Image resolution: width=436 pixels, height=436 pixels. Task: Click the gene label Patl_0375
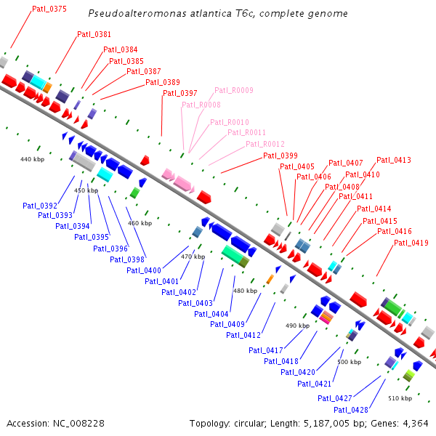point(49,9)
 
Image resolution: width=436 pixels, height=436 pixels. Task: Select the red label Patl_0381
point(94,34)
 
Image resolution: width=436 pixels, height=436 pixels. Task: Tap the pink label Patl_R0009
point(234,90)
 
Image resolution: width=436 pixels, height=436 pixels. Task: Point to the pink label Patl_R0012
point(265,144)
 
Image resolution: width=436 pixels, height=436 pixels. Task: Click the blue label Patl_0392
point(40,206)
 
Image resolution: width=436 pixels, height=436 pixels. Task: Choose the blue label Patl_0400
point(144,270)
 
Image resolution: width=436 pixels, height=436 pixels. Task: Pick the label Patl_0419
point(411,243)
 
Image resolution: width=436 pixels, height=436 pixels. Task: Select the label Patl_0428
point(351,410)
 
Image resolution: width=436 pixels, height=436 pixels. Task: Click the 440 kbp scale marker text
point(32,159)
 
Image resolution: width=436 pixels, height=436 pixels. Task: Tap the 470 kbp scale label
point(193,257)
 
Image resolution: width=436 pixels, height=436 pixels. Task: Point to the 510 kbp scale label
point(400,398)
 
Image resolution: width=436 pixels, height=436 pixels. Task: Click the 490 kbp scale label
point(297,326)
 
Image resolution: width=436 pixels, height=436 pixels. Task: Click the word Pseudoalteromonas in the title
point(137,13)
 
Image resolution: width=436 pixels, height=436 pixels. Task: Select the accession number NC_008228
point(78,424)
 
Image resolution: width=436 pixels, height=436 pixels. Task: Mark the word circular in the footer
point(249,424)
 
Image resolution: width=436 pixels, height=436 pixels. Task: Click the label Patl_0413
point(394,160)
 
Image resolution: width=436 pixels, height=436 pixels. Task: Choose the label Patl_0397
point(180,93)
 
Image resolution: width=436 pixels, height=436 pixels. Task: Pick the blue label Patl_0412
point(243,335)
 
